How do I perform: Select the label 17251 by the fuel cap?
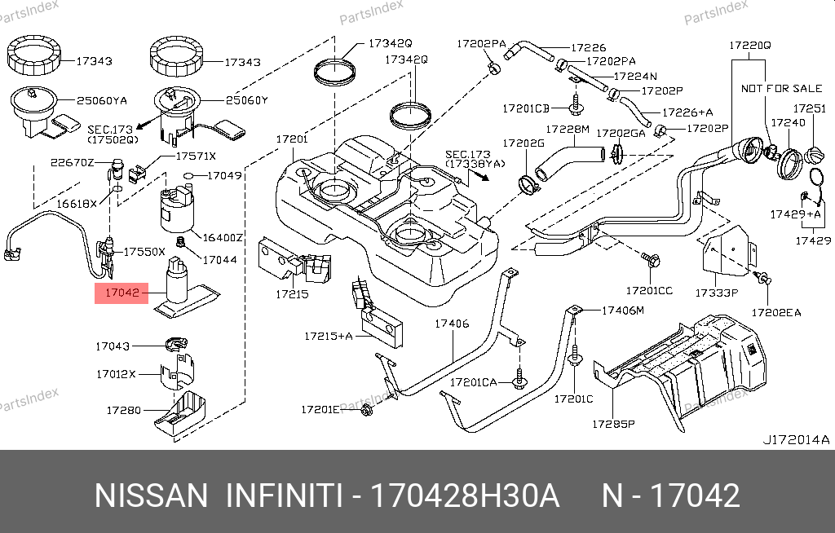point(810,108)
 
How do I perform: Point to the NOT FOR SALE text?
point(771,88)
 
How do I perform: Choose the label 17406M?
point(623,311)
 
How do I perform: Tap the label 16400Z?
point(223,237)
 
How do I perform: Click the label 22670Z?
point(73,161)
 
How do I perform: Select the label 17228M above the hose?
point(567,130)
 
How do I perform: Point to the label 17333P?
point(716,292)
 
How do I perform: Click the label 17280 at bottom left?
point(123,410)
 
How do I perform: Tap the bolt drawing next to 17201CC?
point(652,261)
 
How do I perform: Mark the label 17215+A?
point(329,335)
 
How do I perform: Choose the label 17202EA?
point(776,311)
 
